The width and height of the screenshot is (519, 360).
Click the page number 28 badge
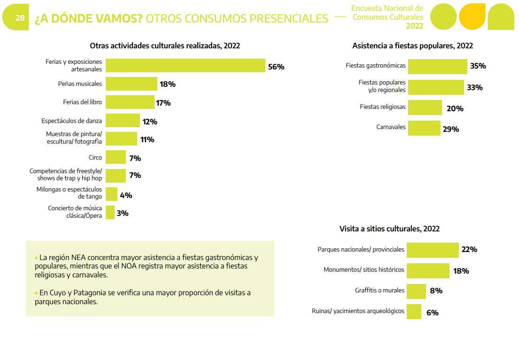[20, 18]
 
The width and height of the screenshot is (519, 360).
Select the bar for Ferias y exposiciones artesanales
[185, 66]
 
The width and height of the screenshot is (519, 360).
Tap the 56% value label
[276, 67]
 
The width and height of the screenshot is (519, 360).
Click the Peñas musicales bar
[131, 84]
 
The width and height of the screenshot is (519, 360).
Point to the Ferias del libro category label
[82, 102]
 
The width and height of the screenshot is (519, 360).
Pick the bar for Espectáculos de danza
[123, 121]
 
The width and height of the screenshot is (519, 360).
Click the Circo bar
[116, 157]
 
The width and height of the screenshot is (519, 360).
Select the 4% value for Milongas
[126, 195]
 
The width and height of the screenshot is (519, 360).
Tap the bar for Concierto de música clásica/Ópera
[110, 212]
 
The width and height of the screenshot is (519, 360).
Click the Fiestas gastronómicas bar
[437, 66]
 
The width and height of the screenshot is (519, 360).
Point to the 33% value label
[474, 87]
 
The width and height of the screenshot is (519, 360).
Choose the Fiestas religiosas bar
[425, 107]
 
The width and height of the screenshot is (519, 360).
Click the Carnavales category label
[391, 127]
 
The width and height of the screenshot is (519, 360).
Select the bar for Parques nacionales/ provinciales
[432, 250]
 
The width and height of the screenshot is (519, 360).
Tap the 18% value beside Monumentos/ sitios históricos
[461, 271]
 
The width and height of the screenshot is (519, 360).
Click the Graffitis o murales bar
[416, 291]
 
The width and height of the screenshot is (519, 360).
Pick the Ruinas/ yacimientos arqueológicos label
[358, 311]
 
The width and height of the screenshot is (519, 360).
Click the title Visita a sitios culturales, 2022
[389, 229]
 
